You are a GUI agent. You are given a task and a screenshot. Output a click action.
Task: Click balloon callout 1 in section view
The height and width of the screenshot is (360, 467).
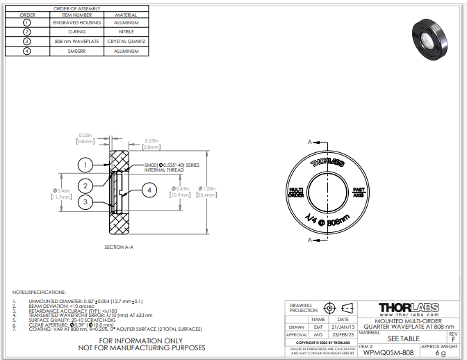point(85,165)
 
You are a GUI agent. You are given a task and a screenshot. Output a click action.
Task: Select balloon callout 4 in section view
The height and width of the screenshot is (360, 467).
point(148,188)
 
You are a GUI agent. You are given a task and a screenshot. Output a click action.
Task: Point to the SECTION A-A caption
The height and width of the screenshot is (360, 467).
point(118,247)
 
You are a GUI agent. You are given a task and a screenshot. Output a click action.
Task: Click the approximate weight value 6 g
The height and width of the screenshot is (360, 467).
point(439,352)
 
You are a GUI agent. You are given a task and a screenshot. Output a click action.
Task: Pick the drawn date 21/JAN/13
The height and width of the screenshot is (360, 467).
point(343,327)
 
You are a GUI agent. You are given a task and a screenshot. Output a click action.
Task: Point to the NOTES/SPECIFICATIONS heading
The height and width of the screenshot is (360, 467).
point(39,292)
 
